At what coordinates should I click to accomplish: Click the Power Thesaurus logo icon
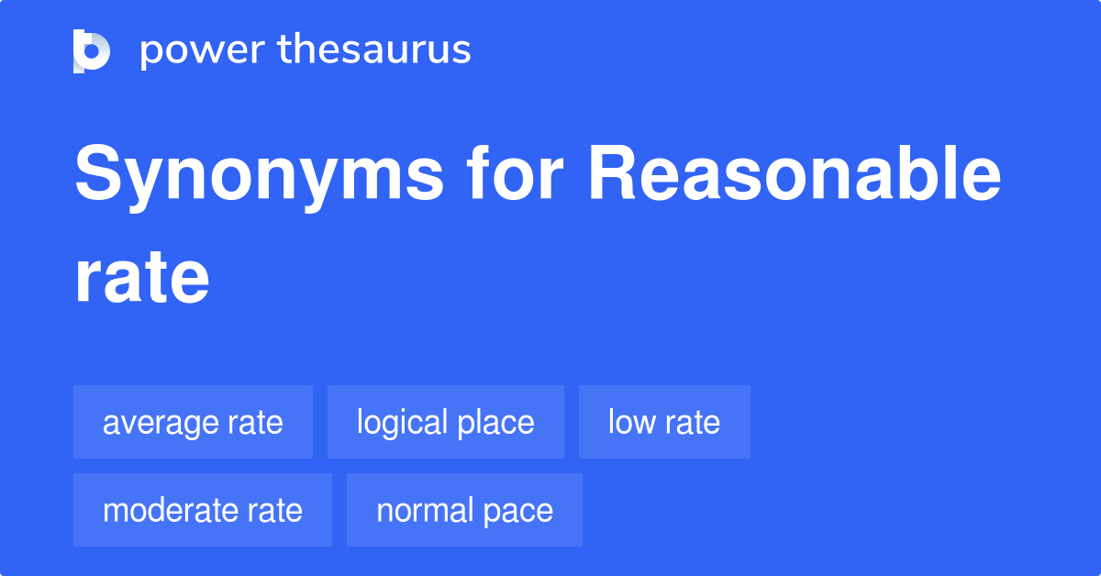pyautogui.click(x=92, y=50)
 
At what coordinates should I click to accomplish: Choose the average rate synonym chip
pyautogui.click(x=193, y=423)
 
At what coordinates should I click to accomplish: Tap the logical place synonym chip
pyautogui.click(x=445, y=423)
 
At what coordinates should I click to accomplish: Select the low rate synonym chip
pyautogui.click(x=663, y=423)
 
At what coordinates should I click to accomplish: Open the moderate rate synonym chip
pyautogui.click(x=202, y=510)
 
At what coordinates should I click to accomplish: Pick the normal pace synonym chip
pyautogui.click(x=464, y=510)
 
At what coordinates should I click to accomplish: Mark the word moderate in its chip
pyautogui.click(x=164, y=510)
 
